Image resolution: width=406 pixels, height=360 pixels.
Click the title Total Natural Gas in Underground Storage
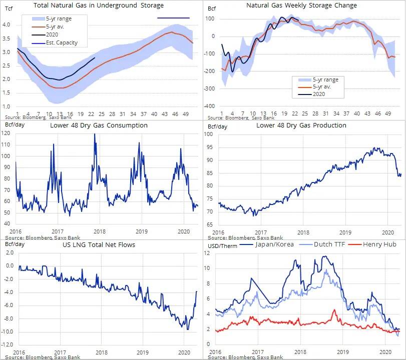click(x=98, y=5)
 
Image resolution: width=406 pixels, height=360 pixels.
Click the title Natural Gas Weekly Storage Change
click(x=302, y=5)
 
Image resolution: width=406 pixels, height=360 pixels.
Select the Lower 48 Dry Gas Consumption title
click(x=99, y=125)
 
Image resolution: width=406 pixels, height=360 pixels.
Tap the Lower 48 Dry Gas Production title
click(x=301, y=125)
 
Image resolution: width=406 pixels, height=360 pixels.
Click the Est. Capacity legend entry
click(x=61, y=43)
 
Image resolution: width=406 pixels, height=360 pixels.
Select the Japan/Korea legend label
click(x=274, y=245)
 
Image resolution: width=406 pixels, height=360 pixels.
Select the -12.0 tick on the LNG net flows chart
click(x=8, y=345)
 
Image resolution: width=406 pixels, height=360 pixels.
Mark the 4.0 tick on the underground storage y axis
click(x=7, y=24)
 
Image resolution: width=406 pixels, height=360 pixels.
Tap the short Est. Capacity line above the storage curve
click(x=173, y=18)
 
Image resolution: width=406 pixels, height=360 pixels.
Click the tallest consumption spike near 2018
click(x=94, y=135)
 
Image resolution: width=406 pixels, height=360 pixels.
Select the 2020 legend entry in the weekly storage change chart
click(x=319, y=93)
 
